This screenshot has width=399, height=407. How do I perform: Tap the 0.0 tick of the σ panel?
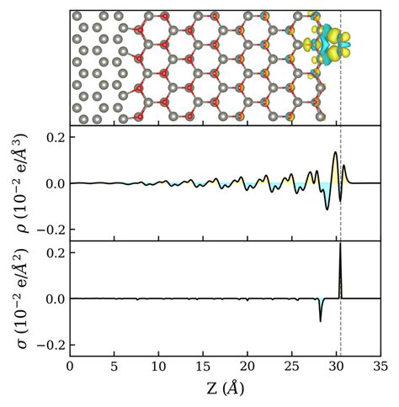53,299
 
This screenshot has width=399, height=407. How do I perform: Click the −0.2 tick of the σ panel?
49,346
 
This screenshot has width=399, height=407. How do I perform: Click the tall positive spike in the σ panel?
340,252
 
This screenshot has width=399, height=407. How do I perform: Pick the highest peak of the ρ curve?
335,153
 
